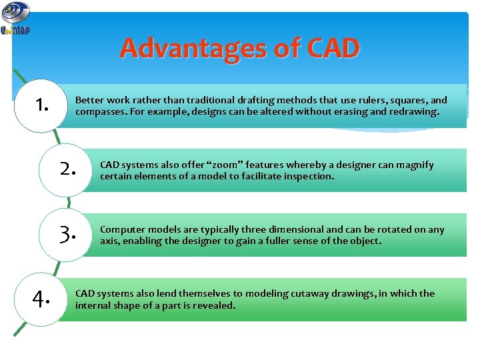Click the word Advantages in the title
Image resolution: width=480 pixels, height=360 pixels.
[x=194, y=48]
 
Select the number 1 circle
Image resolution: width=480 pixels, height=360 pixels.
[x=43, y=105]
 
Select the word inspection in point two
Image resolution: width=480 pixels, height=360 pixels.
[x=309, y=177]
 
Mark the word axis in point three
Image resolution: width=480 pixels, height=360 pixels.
[x=109, y=241]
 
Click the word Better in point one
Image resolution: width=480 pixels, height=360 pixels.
[x=89, y=100]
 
